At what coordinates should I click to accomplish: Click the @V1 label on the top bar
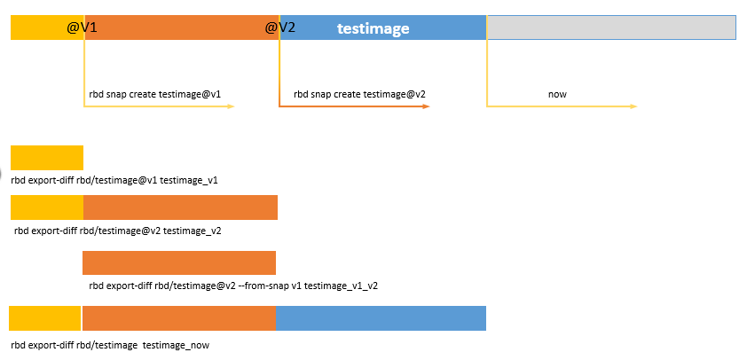pyautogui.click(x=82, y=27)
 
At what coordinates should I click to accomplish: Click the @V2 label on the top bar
pyautogui.click(x=280, y=27)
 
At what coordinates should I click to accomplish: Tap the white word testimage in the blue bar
pyautogui.click(x=373, y=28)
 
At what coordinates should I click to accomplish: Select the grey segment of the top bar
pyautogui.click(x=611, y=27)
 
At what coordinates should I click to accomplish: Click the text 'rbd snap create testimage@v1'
pyautogui.click(x=155, y=94)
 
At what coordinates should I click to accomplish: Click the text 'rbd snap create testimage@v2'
pyautogui.click(x=359, y=94)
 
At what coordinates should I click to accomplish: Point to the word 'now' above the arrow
pyautogui.click(x=557, y=94)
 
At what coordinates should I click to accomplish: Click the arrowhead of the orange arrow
pyautogui.click(x=427, y=106)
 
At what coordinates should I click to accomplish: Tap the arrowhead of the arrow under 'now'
pyautogui.click(x=633, y=106)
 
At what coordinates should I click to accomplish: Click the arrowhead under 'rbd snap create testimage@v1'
pyautogui.click(x=231, y=106)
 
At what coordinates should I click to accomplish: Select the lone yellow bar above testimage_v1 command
pyautogui.click(x=47, y=158)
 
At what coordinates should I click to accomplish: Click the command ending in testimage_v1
pyautogui.click(x=114, y=181)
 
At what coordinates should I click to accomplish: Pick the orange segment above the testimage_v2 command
pyautogui.click(x=181, y=207)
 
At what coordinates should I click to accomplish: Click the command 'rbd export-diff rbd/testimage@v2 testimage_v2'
pyautogui.click(x=118, y=231)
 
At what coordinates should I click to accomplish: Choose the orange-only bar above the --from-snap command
pyautogui.click(x=179, y=262)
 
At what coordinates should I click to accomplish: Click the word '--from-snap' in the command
pyautogui.click(x=261, y=286)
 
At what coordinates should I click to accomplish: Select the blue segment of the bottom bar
pyautogui.click(x=381, y=318)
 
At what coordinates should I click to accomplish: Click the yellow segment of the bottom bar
pyautogui.click(x=44, y=318)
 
